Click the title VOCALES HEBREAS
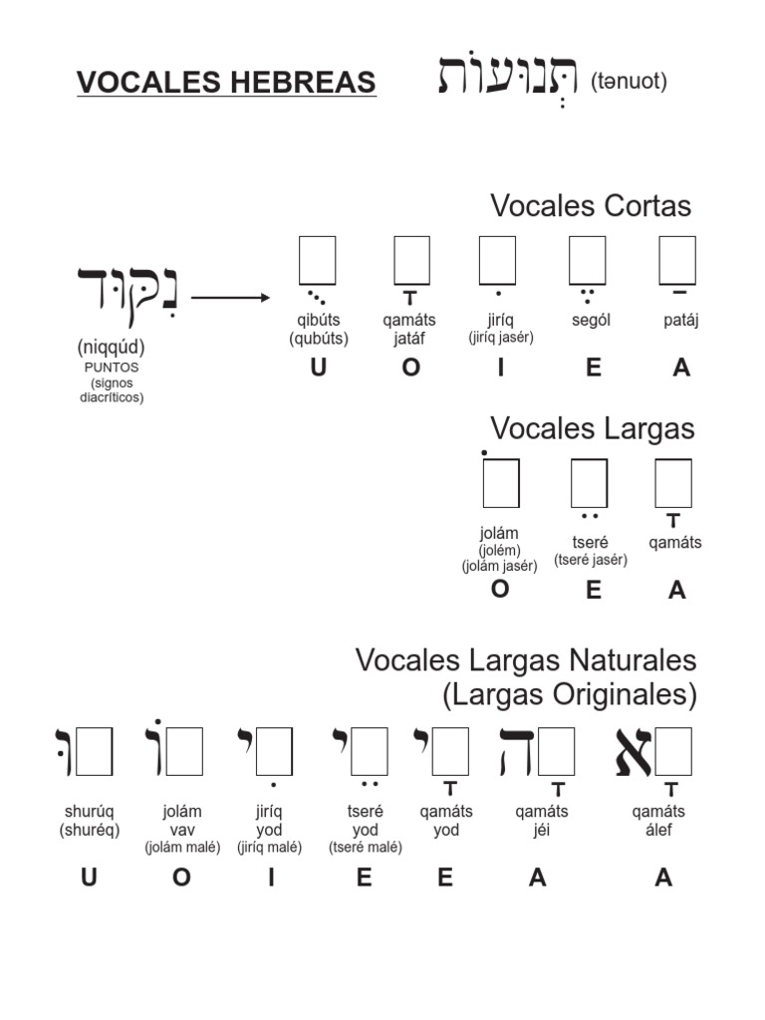(226, 83)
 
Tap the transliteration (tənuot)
(628, 82)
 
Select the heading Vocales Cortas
(590, 206)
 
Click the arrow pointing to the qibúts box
(230, 297)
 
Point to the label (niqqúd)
(111, 348)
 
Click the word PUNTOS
(111, 367)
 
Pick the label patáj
(680, 321)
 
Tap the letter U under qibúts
(318, 368)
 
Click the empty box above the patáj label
(677, 260)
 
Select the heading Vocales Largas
(592, 429)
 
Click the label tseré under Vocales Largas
(590, 543)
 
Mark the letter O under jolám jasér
(500, 589)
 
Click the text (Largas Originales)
(570, 694)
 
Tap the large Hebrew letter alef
(634, 752)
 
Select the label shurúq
(89, 812)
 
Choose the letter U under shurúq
(89, 878)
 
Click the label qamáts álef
(658, 820)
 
